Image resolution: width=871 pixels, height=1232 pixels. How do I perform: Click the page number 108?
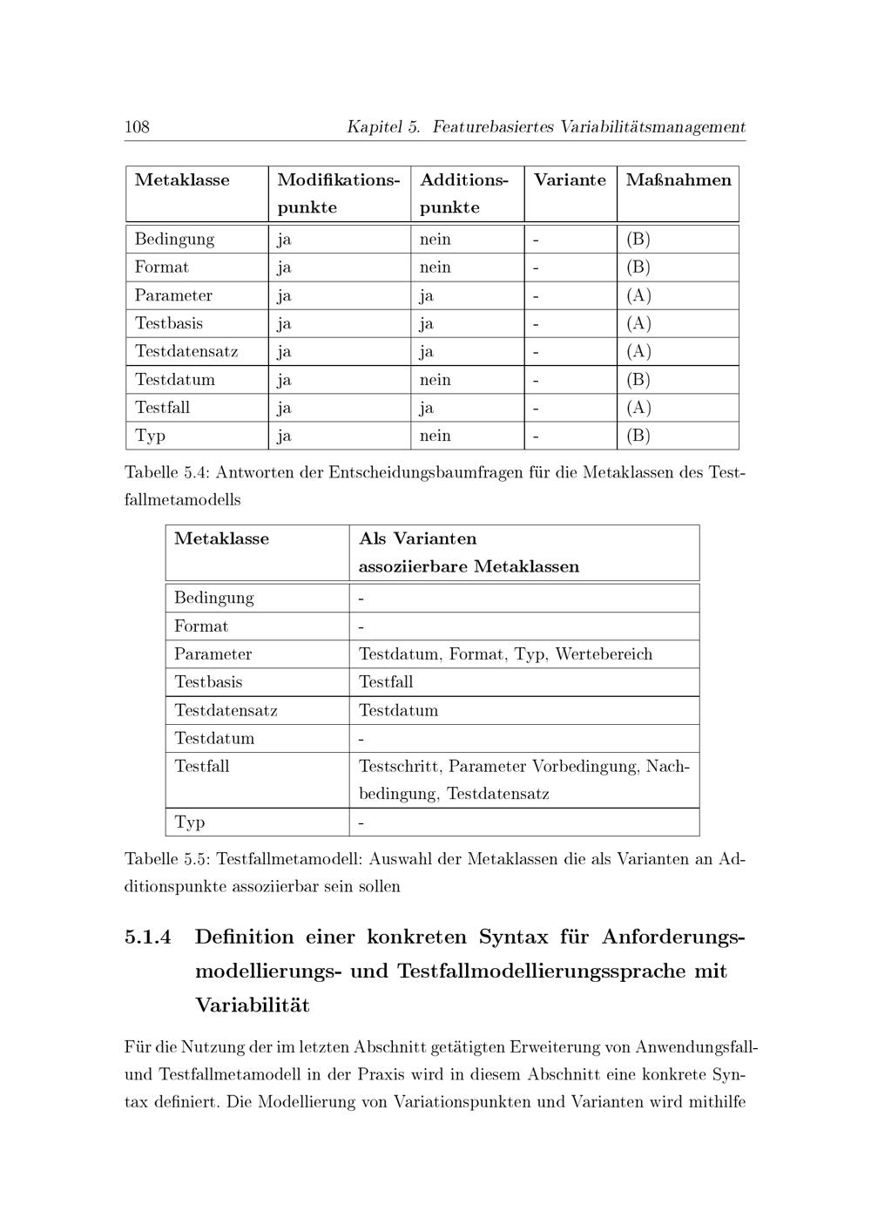[x=137, y=127]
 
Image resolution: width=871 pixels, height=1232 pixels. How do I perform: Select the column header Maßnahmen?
[x=679, y=180]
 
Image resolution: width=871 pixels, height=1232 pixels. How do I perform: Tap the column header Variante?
[x=570, y=180]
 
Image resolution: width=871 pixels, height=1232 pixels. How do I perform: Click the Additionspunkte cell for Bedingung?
[x=435, y=240]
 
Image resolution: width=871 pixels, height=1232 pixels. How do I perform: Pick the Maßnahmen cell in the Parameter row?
[x=638, y=295]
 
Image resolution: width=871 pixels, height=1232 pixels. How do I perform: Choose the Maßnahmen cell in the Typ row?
[x=638, y=436]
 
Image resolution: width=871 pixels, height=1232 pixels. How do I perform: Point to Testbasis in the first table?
[x=169, y=323]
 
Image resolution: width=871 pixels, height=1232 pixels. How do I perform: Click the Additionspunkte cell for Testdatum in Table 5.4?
[x=435, y=380]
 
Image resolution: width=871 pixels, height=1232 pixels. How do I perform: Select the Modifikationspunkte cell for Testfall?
[x=284, y=408]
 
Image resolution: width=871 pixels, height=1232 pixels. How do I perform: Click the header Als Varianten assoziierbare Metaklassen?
[x=469, y=552]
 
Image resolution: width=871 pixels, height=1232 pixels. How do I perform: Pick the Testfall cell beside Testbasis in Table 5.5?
[x=386, y=682]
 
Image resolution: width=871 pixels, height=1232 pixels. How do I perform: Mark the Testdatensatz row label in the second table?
[x=226, y=710]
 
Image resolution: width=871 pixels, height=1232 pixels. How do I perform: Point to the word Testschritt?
[x=401, y=767]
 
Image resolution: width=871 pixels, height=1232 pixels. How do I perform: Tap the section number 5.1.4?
[x=148, y=938]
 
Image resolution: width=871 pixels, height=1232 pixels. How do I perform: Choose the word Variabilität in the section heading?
[x=253, y=1005]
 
